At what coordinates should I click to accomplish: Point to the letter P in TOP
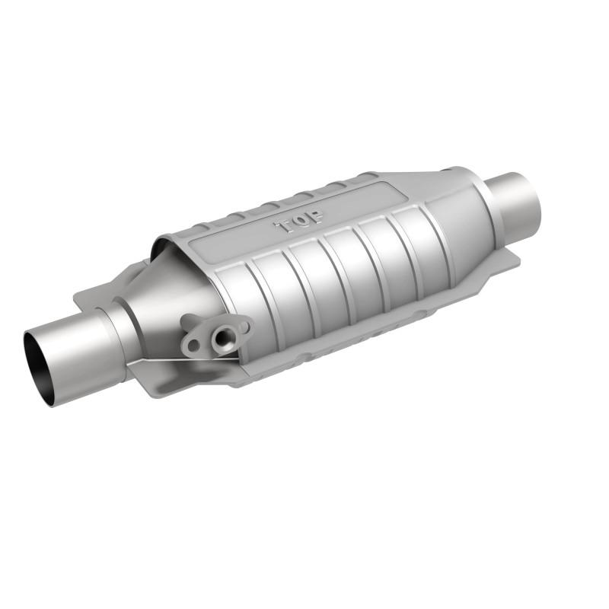315,216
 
